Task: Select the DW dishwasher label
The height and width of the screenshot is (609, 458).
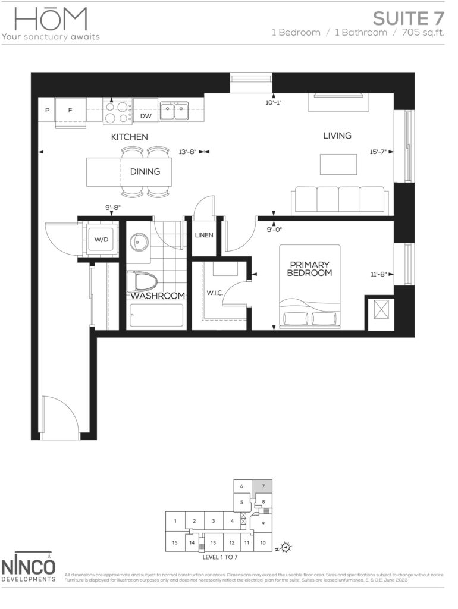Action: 146,116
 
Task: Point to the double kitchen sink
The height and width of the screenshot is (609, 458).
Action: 174,111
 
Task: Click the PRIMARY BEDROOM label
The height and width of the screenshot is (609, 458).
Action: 309,269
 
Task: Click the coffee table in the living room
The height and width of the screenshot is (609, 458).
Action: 338,164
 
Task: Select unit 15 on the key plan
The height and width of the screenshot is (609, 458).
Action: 175,542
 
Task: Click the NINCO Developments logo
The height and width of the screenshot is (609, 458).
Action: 28,567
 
